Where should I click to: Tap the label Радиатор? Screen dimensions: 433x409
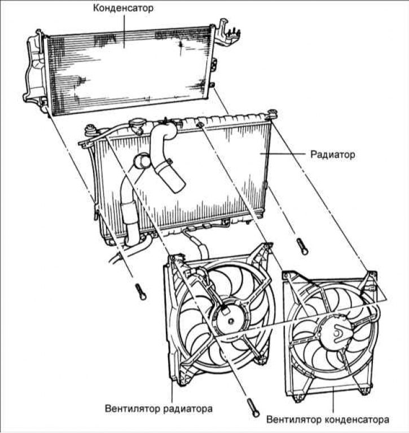pos(332,154)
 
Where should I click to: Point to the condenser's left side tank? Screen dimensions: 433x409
pos(34,70)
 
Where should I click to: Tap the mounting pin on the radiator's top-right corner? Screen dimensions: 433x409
pos(272,113)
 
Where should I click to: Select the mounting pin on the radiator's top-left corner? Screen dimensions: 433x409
pos(89,132)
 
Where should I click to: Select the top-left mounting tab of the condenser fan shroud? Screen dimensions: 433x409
pos(289,276)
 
